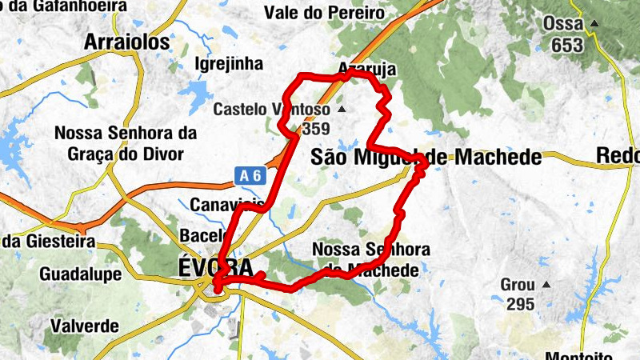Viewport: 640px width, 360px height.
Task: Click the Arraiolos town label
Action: [x=127, y=42]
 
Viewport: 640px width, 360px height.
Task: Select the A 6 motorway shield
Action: [x=249, y=174]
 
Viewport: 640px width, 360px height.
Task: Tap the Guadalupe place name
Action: [x=81, y=274]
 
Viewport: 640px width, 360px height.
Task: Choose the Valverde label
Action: [x=84, y=326]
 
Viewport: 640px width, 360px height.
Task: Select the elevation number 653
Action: [x=567, y=45]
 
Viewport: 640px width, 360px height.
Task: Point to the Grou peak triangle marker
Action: [x=546, y=285]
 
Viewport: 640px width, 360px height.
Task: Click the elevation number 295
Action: [x=520, y=303]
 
